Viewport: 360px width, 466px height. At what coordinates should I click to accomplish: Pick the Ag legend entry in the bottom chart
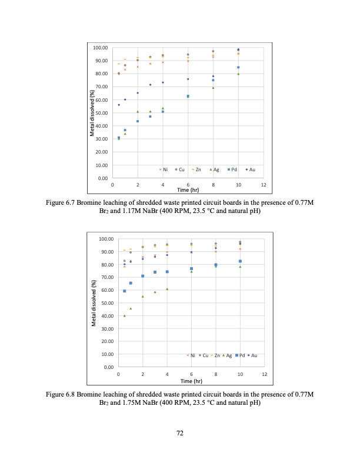click(226, 355)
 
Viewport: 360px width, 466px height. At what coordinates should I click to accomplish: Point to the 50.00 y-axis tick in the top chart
click(101, 112)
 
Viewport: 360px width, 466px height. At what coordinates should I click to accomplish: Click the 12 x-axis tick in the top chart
click(263, 185)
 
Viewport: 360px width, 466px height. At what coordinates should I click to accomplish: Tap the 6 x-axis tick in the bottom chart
click(191, 375)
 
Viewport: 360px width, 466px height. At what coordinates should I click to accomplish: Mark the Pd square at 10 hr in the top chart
click(238, 68)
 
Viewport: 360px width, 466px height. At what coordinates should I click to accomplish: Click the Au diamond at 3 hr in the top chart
click(150, 85)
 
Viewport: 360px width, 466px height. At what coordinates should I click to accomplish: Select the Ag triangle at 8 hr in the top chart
click(213, 88)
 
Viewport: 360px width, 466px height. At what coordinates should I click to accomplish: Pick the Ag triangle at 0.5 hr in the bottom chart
click(124, 316)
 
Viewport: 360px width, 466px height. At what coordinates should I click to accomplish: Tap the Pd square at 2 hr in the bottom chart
click(142, 276)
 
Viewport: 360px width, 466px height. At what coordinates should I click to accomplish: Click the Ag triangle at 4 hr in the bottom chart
click(167, 289)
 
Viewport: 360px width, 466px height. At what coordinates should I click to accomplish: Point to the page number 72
click(180, 433)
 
